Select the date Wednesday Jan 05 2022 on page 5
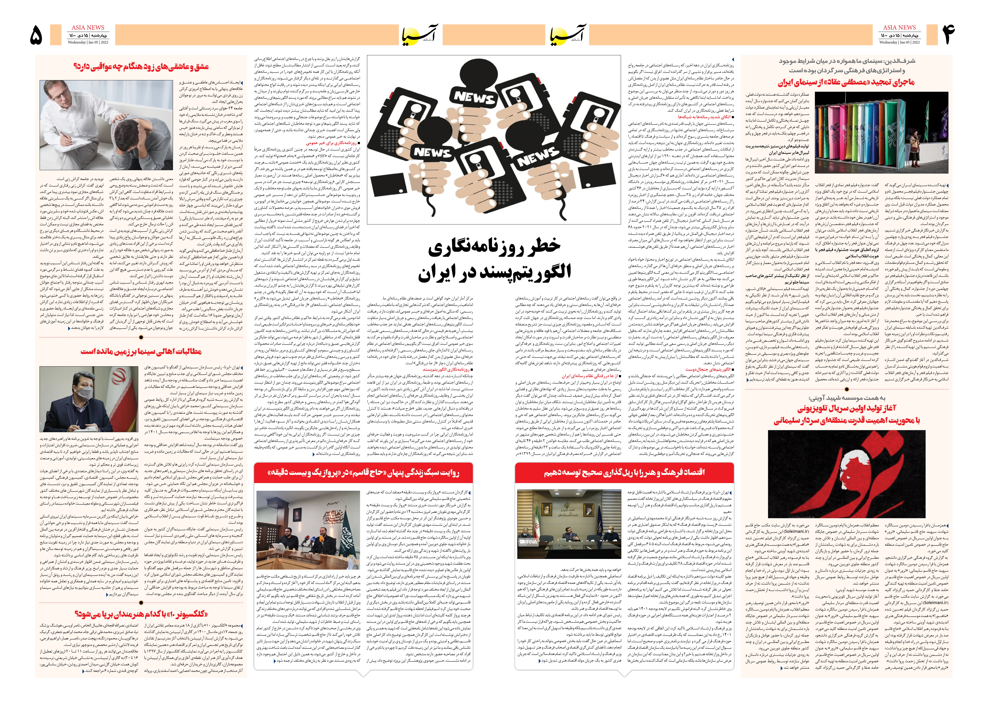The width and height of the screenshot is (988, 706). (88, 43)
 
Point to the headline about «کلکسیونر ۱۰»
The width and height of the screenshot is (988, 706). (141, 614)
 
